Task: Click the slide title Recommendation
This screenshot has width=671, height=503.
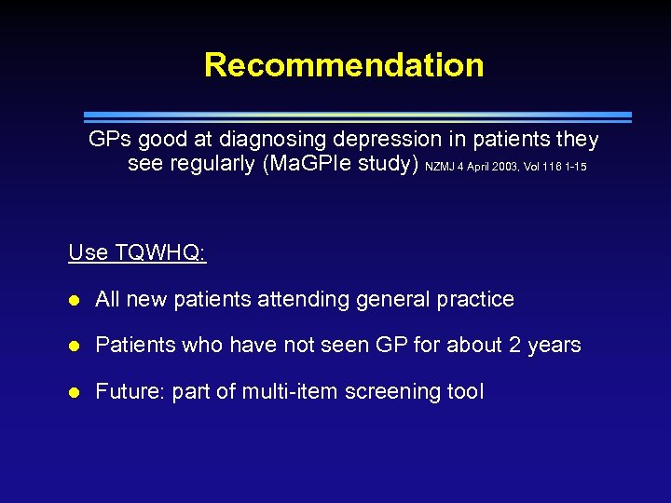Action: (x=344, y=65)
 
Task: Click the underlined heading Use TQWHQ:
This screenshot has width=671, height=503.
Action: (x=137, y=253)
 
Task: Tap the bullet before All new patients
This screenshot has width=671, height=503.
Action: (x=75, y=300)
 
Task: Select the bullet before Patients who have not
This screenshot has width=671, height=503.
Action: (x=75, y=346)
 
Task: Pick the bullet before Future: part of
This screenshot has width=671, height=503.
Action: (x=75, y=392)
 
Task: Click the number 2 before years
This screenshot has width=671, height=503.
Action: (x=514, y=345)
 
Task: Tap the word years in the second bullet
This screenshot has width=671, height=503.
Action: (x=555, y=346)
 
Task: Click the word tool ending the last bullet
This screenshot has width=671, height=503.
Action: (x=466, y=391)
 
